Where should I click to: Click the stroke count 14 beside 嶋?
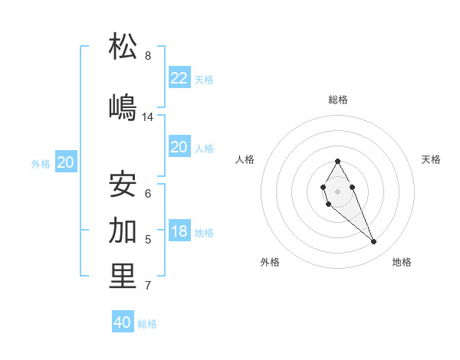click(148, 117)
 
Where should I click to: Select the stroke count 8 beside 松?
click(148, 56)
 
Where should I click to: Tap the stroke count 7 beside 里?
click(148, 286)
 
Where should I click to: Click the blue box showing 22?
click(179, 77)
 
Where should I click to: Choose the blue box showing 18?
click(179, 231)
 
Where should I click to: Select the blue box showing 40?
click(123, 322)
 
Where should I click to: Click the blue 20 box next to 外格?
click(66, 162)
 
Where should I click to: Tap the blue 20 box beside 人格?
click(179, 147)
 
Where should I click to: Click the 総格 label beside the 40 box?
click(148, 324)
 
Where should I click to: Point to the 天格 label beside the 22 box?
click(204, 79)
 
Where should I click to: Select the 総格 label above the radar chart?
click(337, 100)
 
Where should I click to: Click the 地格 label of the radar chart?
click(402, 262)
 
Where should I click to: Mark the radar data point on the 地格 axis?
click(374, 242)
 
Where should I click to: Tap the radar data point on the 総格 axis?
click(337, 161)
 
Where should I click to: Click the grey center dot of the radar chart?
click(337, 190)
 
